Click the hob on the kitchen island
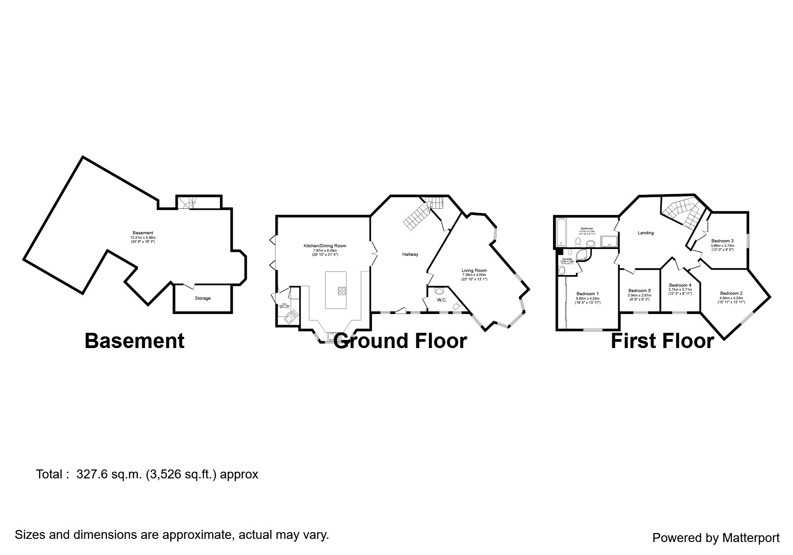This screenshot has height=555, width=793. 343,290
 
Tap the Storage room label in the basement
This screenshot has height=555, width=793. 202,298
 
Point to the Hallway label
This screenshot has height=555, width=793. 410,254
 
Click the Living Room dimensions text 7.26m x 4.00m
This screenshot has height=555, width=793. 474,275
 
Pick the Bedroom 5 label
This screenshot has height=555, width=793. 639,291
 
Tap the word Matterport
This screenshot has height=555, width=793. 750,538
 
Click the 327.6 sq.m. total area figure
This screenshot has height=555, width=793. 109,474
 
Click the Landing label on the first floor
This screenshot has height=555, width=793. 646,233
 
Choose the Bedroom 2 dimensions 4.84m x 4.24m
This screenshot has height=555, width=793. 731,298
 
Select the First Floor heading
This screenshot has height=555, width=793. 662,341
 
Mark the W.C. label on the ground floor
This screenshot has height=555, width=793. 442,300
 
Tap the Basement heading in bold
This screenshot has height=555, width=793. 134,341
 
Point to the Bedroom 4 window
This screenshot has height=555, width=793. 680,312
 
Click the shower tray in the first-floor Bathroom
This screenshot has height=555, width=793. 609,241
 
